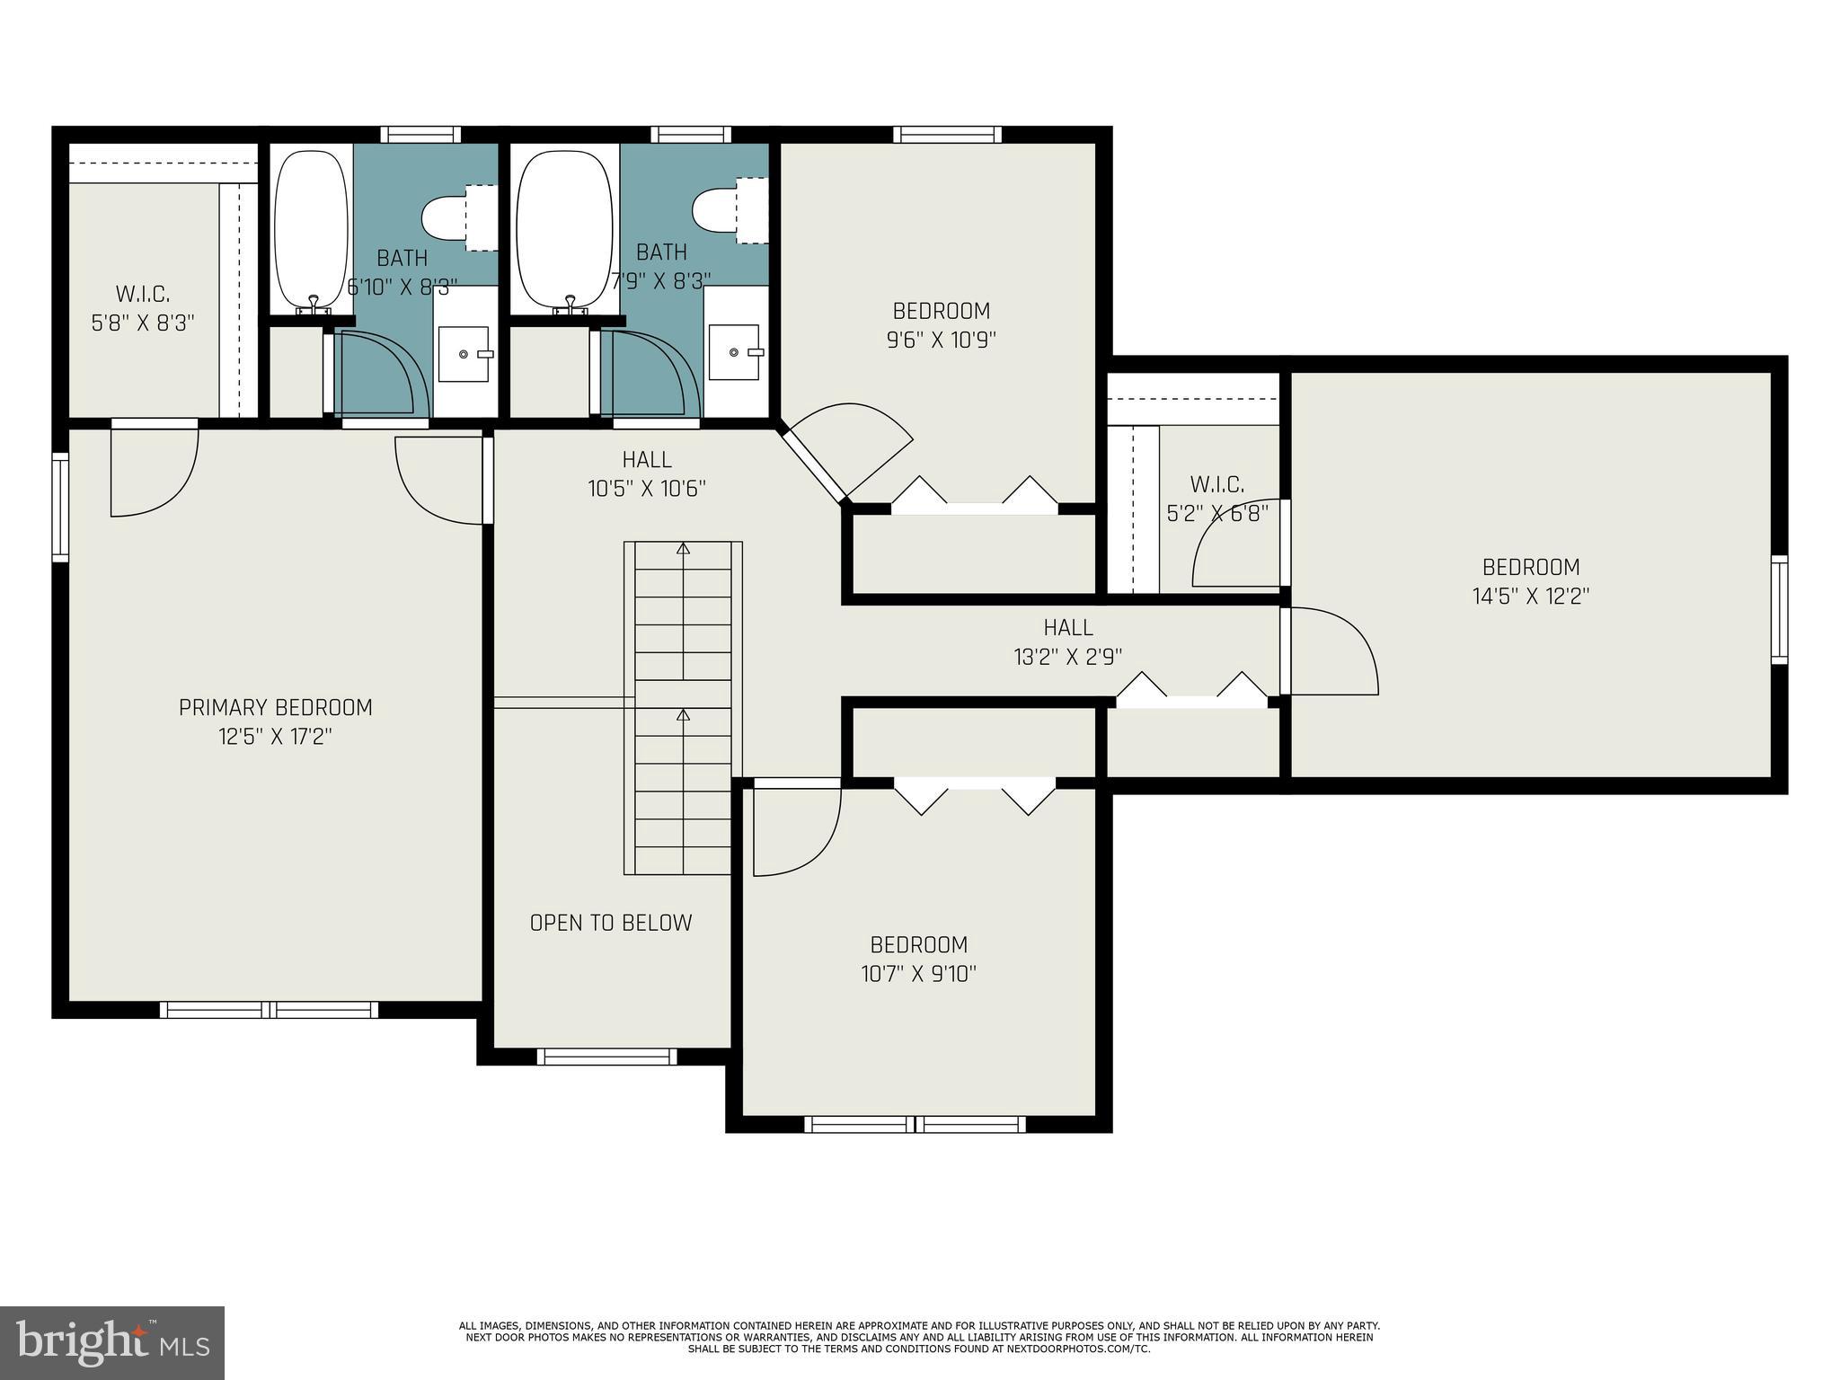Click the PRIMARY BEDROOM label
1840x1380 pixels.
tap(275, 708)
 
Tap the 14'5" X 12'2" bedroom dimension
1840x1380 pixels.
tap(1531, 597)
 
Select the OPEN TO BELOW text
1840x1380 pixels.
tap(611, 923)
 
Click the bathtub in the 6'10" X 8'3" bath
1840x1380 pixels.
tap(311, 229)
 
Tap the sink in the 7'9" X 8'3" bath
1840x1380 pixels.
tap(736, 353)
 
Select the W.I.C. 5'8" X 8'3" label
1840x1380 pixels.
tap(143, 308)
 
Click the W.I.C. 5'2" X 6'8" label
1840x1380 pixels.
tap(1217, 499)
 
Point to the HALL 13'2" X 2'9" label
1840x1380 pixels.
tap(1068, 641)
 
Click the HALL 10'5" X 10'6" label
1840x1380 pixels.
tap(647, 473)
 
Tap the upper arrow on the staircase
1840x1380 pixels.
tap(683, 548)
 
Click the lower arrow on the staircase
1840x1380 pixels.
tap(683, 715)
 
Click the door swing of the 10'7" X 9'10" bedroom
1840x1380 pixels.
tap(795, 831)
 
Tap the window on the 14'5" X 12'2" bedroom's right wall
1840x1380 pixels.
tap(1779, 610)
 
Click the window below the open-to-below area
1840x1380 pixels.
tap(606, 1057)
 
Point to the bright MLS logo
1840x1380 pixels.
tap(112, 1342)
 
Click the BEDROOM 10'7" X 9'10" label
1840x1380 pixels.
tap(918, 959)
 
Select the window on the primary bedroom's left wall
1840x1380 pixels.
tap(60, 508)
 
